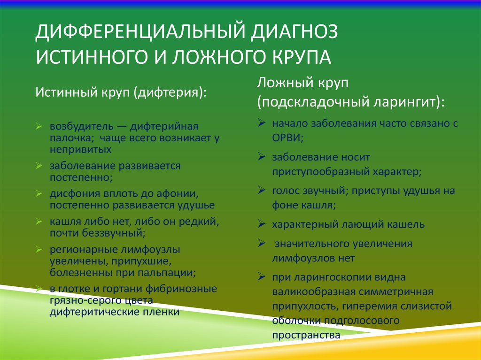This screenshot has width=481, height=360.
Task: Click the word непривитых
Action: (x=80, y=149)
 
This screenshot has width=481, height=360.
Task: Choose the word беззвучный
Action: (x=114, y=233)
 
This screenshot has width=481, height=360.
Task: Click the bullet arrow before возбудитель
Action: (x=39, y=126)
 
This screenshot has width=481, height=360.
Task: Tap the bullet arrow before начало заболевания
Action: (x=261, y=123)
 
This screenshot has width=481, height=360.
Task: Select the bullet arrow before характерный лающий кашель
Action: (x=261, y=224)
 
